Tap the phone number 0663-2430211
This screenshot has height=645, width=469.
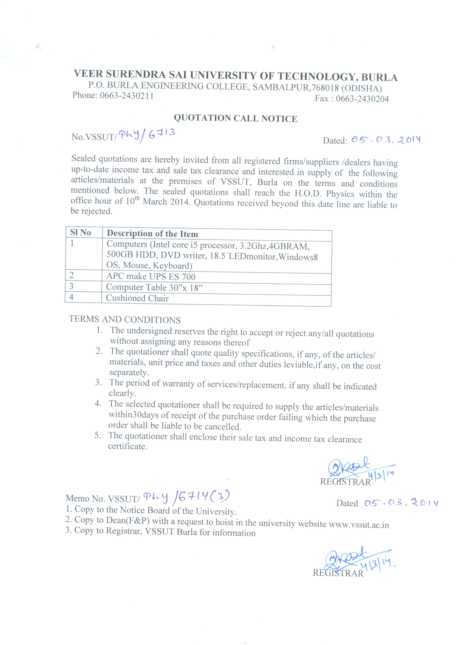(x=127, y=96)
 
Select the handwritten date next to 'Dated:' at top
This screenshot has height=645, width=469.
(x=386, y=140)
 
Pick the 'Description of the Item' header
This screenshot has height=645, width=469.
(x=152, y=234)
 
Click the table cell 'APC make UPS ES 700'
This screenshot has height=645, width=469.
(x=151, y=276)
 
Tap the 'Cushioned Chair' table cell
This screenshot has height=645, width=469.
(x=137, y=298)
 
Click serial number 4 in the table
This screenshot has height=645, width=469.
(x=71, y=297)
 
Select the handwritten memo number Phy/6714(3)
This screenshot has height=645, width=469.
(x=186, y=497)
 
